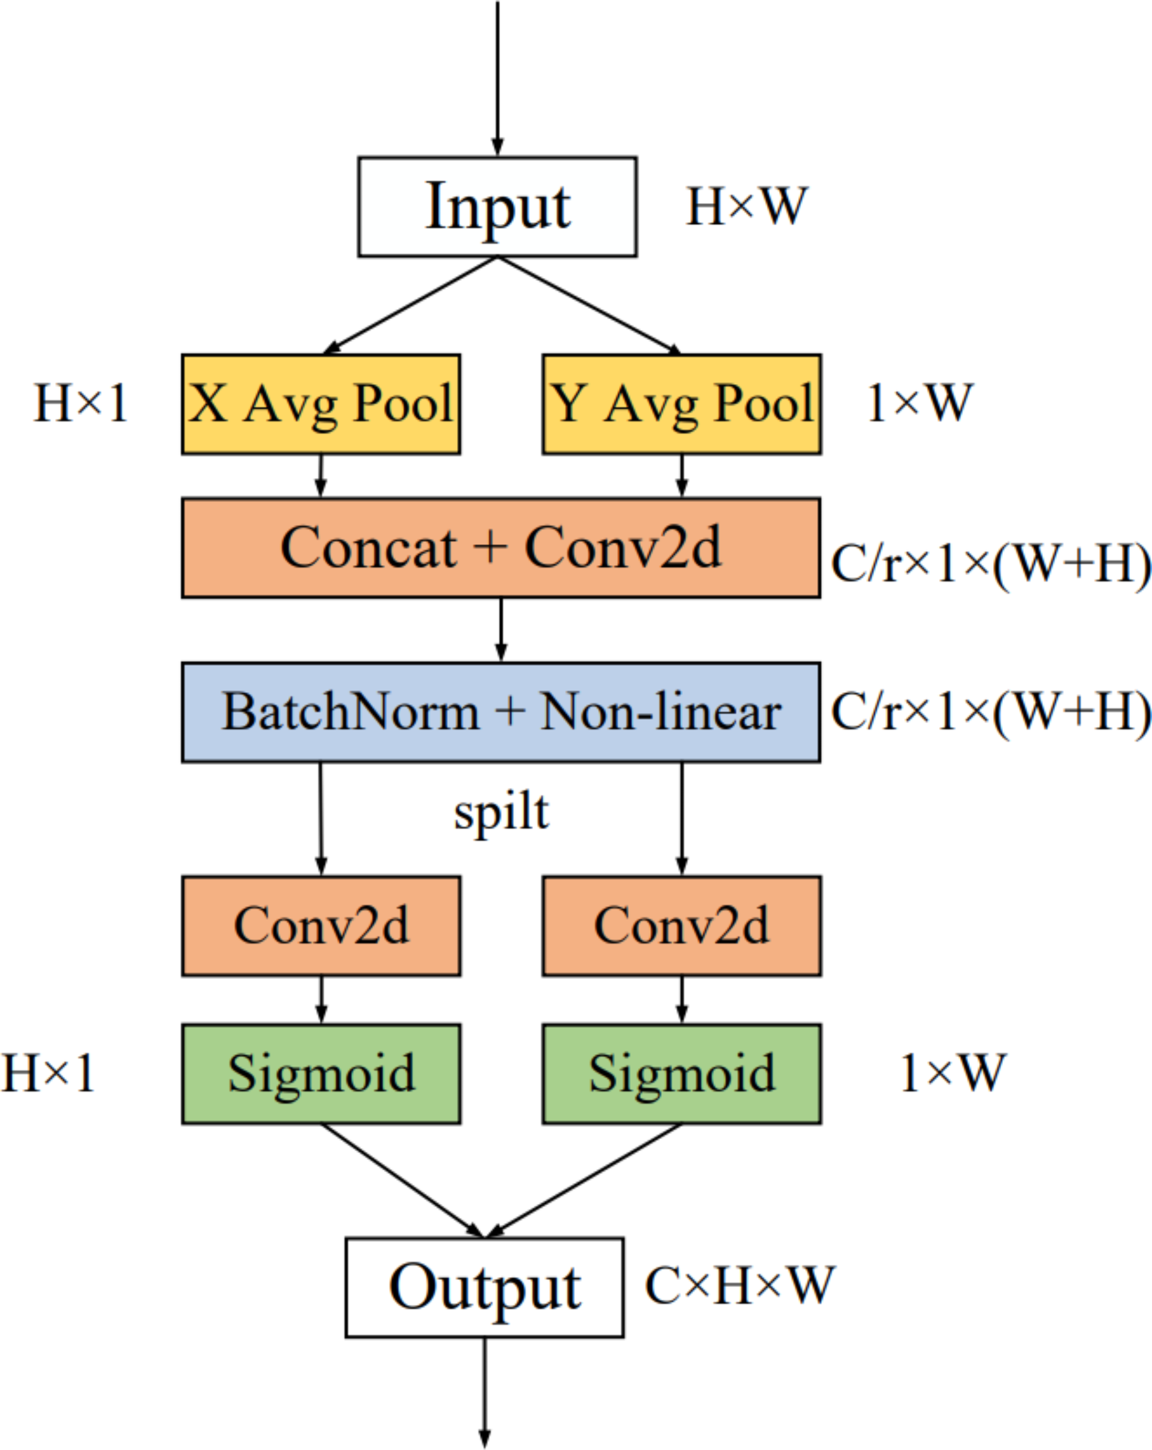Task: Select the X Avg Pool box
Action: [321, 404]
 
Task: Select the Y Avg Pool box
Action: [682, 404]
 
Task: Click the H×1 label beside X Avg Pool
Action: [81, 404]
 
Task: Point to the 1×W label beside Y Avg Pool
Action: [920, 404]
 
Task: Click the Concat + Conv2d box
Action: [501, 548]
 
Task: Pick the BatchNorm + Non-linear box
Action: [501, 712]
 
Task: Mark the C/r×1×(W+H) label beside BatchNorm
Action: [990, 712]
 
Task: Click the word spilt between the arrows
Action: [501, 812]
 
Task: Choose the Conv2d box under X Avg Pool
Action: [321, 926]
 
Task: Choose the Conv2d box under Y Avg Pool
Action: [682, 926]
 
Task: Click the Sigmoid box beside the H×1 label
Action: [321, 1074]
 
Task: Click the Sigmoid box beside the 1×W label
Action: [682, 1074]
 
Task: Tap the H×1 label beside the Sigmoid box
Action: [47, 1073]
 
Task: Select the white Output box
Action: [484, 1287]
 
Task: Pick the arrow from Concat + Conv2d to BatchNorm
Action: [501, 630]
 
